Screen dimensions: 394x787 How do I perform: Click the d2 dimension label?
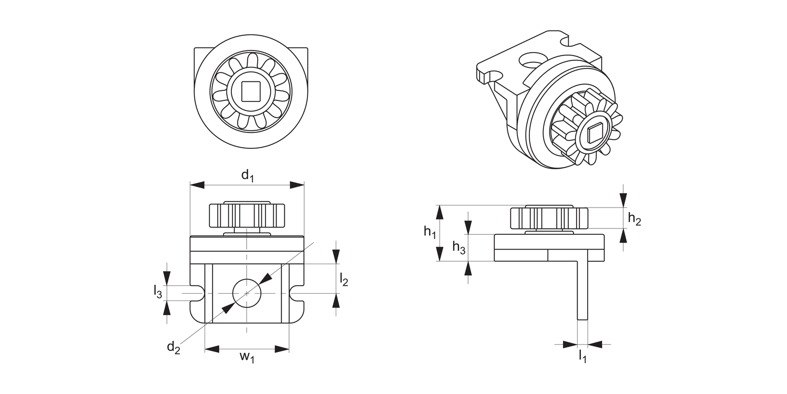174,347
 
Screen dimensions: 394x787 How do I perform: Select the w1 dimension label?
247,357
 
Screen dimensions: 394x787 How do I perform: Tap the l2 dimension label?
344,279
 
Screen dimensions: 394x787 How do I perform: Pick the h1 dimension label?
430,232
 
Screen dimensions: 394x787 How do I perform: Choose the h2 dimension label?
634,219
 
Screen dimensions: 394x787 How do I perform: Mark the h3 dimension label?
459,248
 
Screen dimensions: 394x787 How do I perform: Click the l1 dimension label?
582,357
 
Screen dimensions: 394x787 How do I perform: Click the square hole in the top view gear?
250,92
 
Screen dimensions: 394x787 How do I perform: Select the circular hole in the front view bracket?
247,293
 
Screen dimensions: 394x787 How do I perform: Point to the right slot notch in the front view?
297,293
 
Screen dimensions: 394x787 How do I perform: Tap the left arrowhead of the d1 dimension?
197,185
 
